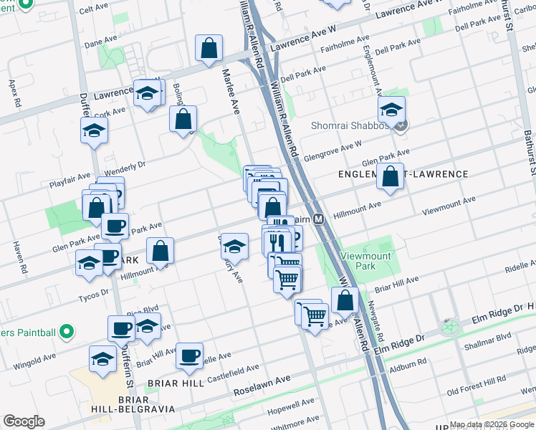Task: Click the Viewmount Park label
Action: click(x=368, y=261)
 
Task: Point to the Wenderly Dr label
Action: click(x=125, y=168)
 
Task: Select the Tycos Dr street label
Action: click(x=95, y=292)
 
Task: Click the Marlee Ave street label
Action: click(x=230, y=92)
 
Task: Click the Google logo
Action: click(x=24, y=421)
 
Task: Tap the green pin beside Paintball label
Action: click(x=66, y=332)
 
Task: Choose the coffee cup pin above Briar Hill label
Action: click(x=190, y=356)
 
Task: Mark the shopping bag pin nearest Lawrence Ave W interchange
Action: click(x=209, y=49)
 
